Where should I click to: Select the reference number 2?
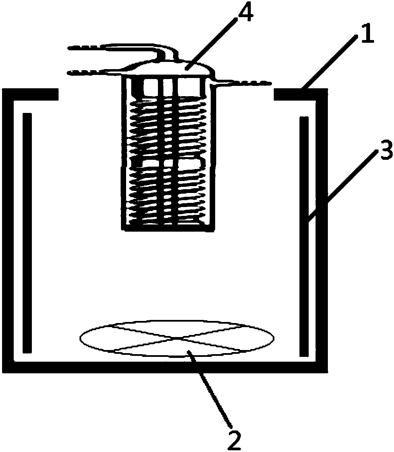coord(234,440)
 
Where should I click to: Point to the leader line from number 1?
coord(329,63)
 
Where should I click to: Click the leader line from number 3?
coord(342,185)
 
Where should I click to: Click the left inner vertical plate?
coord(27,233)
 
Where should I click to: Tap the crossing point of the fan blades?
coord(177,338)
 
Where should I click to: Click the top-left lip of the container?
coord(30,94)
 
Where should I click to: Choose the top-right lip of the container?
coord(301,94)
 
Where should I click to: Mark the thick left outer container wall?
coord(8,231)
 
